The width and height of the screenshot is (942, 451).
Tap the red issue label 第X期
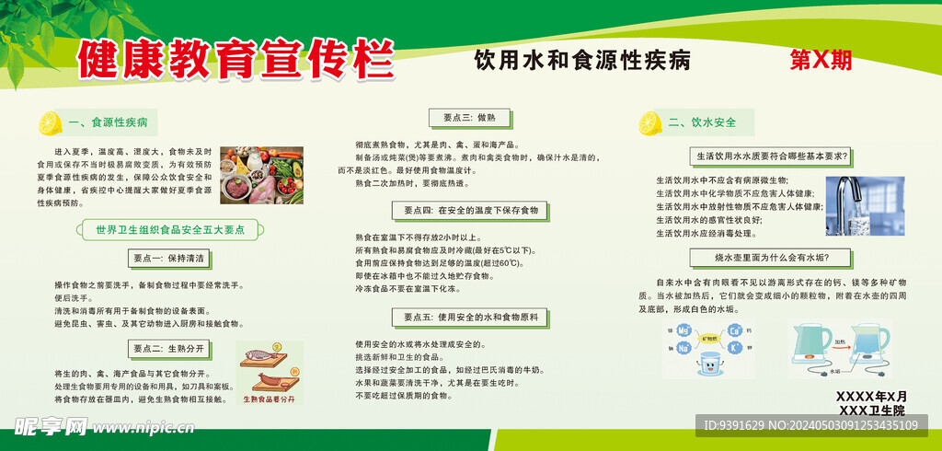point(821,61)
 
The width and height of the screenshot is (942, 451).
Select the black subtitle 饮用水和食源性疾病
point(581,61)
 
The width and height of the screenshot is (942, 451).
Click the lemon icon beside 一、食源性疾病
point(50,122)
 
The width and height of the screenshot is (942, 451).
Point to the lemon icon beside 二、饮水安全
point(650,122)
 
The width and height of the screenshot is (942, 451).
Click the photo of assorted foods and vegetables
point(261,175)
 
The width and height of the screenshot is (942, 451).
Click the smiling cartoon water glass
point(709,364)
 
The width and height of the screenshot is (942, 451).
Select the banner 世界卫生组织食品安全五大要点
point(164,229)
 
